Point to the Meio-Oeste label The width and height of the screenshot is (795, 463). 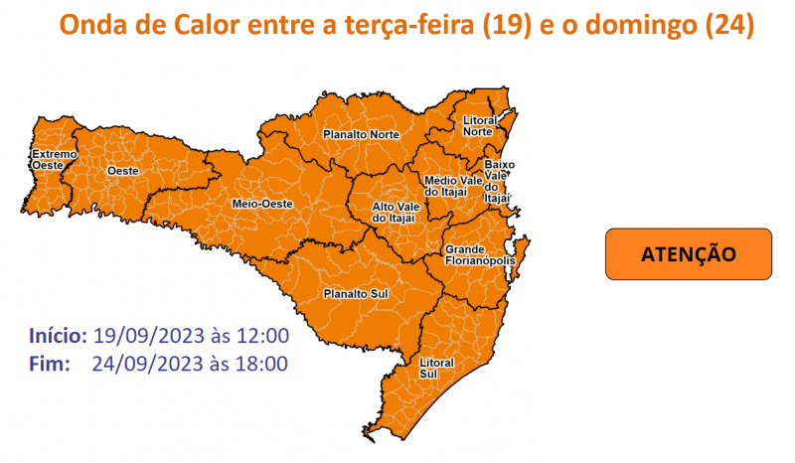(262, 203)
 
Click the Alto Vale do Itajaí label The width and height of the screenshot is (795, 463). (393, 211)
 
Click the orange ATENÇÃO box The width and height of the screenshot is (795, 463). (688, 254)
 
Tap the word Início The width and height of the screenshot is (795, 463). (60, 335)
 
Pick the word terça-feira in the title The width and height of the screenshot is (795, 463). (412, 24)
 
